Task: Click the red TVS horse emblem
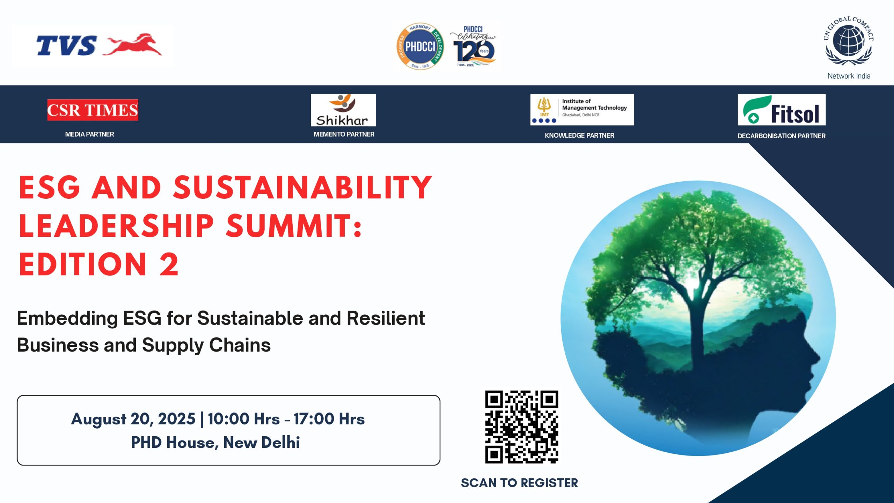point(133,45)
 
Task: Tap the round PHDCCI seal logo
point(420,46)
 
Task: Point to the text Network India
point(849,76)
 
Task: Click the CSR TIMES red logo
point(93,110)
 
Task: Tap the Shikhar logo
point(343,110)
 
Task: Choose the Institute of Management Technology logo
point(582,110)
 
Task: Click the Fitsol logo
point(782,110)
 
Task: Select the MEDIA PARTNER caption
point(89,134)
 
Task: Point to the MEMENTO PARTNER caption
point(344,134)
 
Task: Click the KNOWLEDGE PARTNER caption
point(579,135)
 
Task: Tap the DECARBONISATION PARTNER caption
point(782,136)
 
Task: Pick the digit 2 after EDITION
point(169,264)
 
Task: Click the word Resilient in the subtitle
point(386,318)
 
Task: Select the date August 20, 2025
point(133,419)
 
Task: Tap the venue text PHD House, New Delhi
point(215,442)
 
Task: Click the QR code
point(521,427)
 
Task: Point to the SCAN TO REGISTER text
point(519,483)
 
